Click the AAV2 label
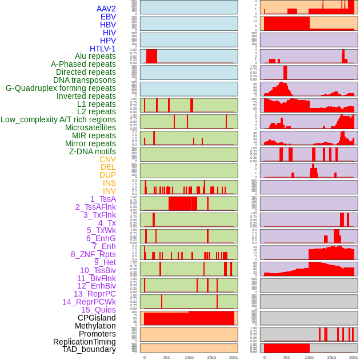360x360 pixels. pyautogui.click(x=106, y=9)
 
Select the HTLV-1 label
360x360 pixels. pyautogui.click(x=102, y=49)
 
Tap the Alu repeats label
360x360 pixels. pyautogui.click(x=95, y=56)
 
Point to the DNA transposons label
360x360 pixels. pyautogui.click(x=84, y=80)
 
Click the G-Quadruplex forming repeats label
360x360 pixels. pyautogui.click(x=61, y=88)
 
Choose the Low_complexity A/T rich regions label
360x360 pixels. pyautogui.click(x=58, y=119)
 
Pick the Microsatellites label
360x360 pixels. pyautogui.click(x=90, y=127)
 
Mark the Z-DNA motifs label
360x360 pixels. pyautogui.click(x=92, y=151)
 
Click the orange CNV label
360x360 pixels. pyautogui.click(x=107, y=159)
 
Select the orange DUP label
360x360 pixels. pyautogui.click(x=107, y=175)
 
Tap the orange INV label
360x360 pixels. pyautogui.click(x=109, y=191)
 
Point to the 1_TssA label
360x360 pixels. pyautogui.click(x=103, y=199)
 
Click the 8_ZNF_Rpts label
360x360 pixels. pyautogui.click(x=93, y=254)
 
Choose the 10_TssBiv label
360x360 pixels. pyautogui.click(x=98, y=270)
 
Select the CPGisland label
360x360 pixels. pyautogui.click(x=97, y=318)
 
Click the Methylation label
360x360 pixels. pyautogui.click(x=95, y=326)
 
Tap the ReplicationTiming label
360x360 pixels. pyautogui.click(x=85, y=342)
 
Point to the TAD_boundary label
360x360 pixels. pyautogui.click(x=89, y=349)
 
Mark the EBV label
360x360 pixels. pyautogui.click(x=108, y=17)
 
